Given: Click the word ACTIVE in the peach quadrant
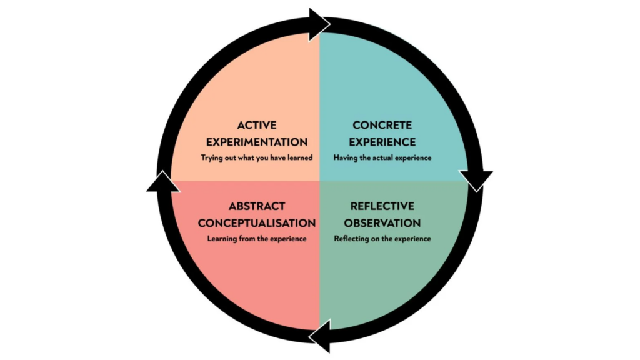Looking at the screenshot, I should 257,126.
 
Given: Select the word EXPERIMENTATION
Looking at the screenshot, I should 257,142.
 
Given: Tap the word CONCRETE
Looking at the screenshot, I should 382,126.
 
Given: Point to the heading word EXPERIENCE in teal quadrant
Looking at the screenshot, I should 382,142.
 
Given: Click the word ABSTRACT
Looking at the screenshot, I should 257,206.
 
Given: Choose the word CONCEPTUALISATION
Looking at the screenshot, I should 257,222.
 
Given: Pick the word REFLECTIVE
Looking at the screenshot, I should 382,206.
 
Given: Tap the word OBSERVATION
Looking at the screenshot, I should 382,222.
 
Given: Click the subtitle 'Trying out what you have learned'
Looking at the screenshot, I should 257,158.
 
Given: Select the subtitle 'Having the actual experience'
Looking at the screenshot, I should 382,158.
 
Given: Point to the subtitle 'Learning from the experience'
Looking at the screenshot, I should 257,239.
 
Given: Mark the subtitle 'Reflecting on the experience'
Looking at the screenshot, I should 382,239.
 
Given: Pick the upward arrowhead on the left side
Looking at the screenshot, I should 161,181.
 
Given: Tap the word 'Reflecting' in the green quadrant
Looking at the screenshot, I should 352,239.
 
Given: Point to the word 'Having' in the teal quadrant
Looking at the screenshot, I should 346,158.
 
